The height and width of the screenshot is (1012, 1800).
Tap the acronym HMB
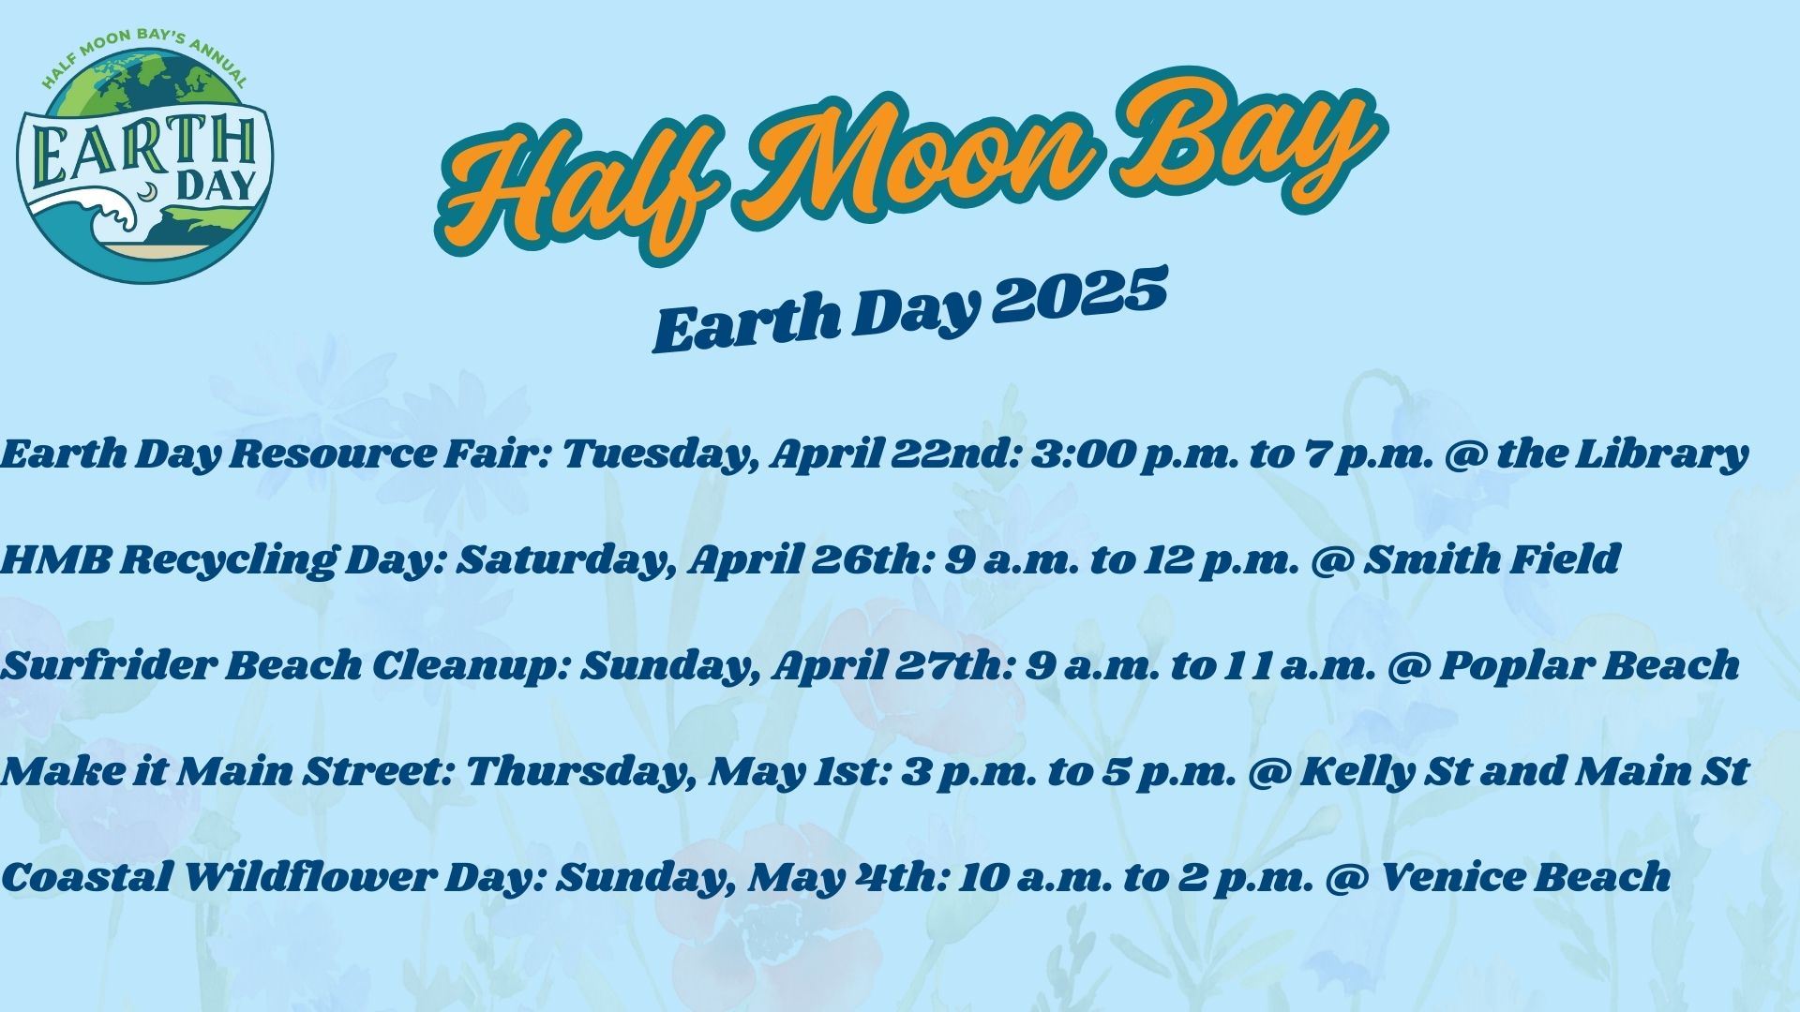pos(55,560)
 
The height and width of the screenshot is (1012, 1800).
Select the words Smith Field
pos(1491,560)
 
